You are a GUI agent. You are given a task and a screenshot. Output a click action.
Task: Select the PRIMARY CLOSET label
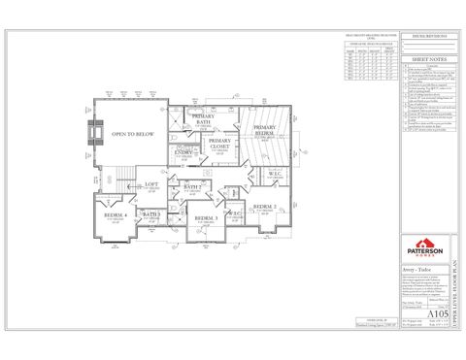coord(220,146)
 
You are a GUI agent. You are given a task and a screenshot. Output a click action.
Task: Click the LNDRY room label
coord(183,151)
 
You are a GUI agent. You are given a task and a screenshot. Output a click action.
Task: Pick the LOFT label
coord(151,184)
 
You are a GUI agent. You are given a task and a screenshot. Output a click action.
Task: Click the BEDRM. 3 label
coord(204,219)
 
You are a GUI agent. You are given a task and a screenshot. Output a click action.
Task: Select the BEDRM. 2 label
coord(265,208)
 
